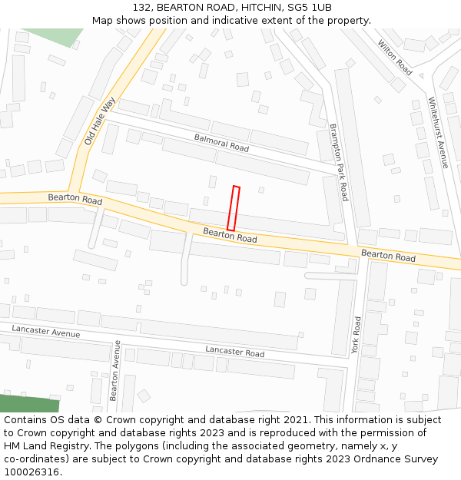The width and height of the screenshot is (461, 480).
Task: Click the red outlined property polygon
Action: (233, 208)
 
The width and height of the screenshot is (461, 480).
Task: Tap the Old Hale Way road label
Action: (99, 122)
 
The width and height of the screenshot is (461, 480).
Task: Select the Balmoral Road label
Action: (221, 142)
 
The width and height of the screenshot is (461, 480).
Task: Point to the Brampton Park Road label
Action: (339, 162)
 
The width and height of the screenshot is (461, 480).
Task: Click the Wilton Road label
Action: (395, 57)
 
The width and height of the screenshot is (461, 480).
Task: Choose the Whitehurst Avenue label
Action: (438, 132)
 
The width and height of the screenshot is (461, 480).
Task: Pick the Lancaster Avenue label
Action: (46, 331)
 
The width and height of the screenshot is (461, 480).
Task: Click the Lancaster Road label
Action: (234, 353)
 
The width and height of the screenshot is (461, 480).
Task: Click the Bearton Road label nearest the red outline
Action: (230, 235)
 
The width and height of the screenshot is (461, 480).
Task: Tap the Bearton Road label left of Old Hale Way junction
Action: (75, 199)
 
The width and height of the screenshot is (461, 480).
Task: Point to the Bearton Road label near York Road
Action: (388, 256)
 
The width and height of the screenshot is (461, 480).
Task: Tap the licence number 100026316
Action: (32, 472)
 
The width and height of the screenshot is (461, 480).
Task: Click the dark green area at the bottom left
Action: (27, 404)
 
